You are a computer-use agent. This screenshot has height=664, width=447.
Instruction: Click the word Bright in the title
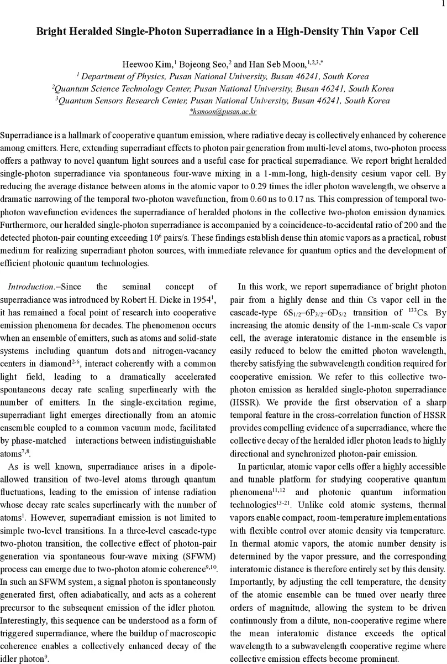point(50,32)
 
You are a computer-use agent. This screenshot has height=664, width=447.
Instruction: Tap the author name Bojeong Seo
point(204,65)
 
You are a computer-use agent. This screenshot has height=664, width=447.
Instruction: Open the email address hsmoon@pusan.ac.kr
point(224,112)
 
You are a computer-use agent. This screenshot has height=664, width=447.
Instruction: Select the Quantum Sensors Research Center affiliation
point(124,101)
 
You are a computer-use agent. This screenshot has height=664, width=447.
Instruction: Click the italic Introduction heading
point(31,287)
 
